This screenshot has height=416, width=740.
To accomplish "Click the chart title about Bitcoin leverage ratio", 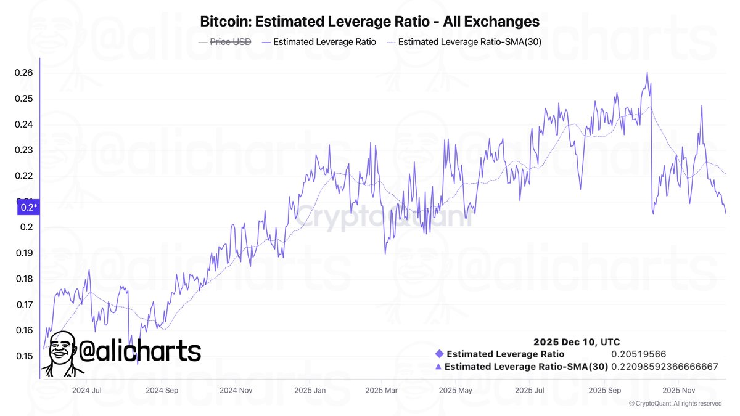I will pyautogui.click(x=370, y=22).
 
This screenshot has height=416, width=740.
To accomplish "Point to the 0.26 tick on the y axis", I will pyautogui.click(x=24, y=73).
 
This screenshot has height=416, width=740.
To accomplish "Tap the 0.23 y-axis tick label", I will pyautogui.click(x=24, y=150).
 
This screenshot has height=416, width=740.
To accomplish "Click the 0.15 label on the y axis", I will pyautogui.click(x=24, y=356).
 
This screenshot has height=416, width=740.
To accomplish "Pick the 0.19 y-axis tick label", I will pyautogui.click(x=24, y=253).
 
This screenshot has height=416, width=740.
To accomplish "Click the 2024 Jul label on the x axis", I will pyautogui.click(x=87, y=390).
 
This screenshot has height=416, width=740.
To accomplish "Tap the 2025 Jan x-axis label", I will pyautogui.click(x=310, y=390).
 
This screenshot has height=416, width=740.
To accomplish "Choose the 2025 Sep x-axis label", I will pyautogui.click(x=605, y=390).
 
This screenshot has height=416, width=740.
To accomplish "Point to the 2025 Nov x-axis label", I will pyautogui.click(x=679, y=390).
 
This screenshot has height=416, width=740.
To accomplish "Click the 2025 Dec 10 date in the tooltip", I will pyautogui.click(x=577, y=342).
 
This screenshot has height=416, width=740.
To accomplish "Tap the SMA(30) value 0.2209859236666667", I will pyautogui.click(x=665, y=367).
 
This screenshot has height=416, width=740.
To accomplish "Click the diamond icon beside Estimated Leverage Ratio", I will pyautogui.click(x=439, y=354).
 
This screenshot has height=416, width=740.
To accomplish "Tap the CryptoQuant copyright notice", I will pyautogui.click(x=675, y=404).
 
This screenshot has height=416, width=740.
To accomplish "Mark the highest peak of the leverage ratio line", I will pyautogui.click(x=647, y=73).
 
